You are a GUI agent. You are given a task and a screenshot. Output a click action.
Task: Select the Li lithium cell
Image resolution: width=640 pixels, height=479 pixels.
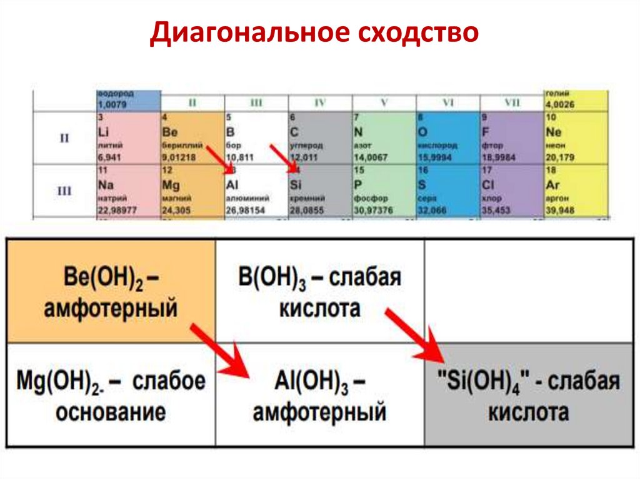[128, 137]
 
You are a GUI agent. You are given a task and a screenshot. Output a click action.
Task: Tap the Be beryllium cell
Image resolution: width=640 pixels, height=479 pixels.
[191, 137]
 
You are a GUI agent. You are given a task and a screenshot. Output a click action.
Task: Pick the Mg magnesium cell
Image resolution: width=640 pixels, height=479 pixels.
[191, 190]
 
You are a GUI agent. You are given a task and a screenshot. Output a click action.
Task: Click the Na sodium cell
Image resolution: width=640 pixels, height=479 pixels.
[128, 190]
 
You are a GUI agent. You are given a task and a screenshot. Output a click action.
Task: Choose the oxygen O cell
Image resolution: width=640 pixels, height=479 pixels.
[447, 137]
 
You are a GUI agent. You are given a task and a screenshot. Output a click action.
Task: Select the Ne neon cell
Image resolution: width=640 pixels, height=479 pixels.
[575, 137]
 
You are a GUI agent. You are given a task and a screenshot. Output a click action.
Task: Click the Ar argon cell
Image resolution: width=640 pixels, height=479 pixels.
[575, 190]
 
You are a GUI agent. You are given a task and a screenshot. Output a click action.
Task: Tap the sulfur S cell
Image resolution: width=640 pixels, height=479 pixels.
[447, 190]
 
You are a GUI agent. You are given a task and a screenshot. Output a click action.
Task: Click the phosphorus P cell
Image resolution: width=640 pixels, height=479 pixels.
[384, 190]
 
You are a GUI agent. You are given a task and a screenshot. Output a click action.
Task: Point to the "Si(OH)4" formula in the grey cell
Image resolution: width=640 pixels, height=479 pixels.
[481, 380]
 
